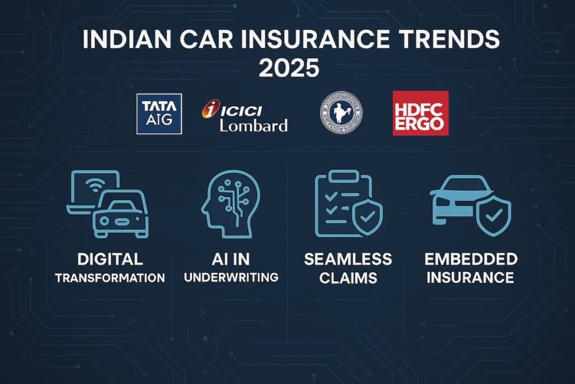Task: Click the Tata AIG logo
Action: coord(159,114)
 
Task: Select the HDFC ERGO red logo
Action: coord(421,113)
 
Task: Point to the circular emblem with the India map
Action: coord(341,112)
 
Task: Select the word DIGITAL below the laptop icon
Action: coord(111,259)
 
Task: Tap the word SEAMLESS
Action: coord(348,259)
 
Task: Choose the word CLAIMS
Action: coord(348,277)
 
